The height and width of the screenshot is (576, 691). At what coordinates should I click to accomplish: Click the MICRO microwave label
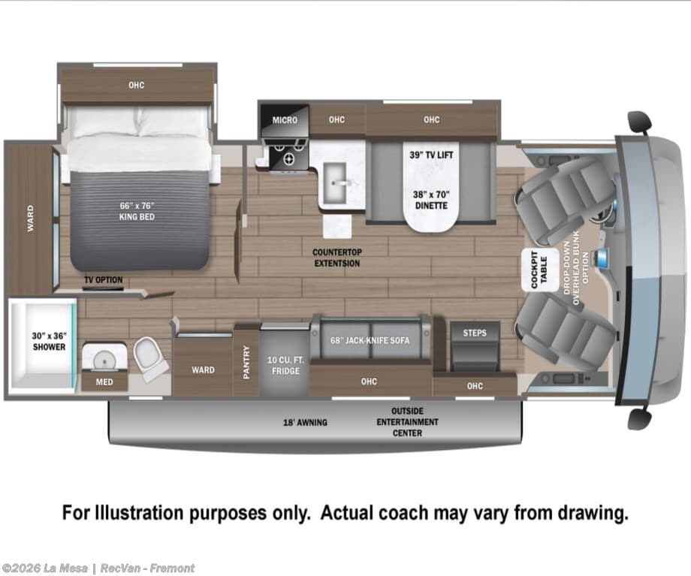pyautogui.click(x=285, y=120)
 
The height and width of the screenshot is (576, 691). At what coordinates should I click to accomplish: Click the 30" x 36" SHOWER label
pyautogui.click(x=49, y=342)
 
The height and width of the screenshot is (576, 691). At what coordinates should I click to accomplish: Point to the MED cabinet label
pyautogui.click(x=104, y=382)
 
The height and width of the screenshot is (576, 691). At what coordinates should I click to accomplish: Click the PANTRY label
pyautogui.click(x=246, y=362)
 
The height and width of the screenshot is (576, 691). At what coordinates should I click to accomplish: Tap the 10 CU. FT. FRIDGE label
pyautogui.click(x=285, y=366)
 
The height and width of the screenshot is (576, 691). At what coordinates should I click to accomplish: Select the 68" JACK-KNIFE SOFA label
pyautogui.click(x=370, y=341)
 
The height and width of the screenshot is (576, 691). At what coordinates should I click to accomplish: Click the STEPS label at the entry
pyautogui.click(x=475, y=333)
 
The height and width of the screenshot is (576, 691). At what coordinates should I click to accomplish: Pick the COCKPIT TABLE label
pyautogui.click(x=539, y=270)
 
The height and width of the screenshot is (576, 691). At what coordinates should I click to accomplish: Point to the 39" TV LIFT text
pyautogui.click(x=431, y=155)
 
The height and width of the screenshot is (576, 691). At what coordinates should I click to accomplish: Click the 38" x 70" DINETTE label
pyautogui.click(x=431, y=200)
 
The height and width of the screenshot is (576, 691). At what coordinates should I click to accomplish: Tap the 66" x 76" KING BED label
pyautogui.click(x=137, y=211)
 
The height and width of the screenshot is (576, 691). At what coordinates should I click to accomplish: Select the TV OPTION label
pyautogui.click(x=104, y=280)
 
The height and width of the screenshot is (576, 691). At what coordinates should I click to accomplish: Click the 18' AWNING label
pyautogui.click(x=305, y=422)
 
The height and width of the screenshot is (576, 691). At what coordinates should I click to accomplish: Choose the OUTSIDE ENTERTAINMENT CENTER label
pyautogui.click(x=407, y=422)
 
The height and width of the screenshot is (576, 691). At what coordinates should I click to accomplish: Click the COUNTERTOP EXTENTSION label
pyautogui.click(x=337, y=258)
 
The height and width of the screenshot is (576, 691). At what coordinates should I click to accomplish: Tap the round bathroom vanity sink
pyautogui.click(x=104, y=359)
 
